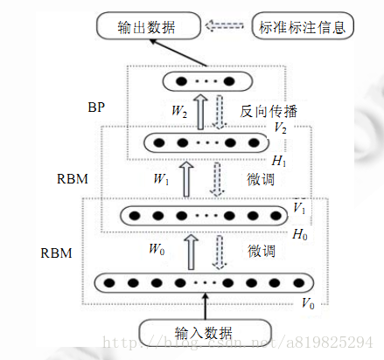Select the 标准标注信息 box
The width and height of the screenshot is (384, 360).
302,26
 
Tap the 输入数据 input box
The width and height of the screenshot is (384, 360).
206,332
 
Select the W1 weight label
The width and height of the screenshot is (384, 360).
161,179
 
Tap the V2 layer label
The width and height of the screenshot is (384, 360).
281,128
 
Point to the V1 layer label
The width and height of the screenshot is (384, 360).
299,210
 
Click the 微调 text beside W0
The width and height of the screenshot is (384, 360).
261,251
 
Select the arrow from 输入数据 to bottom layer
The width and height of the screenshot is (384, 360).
206,307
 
